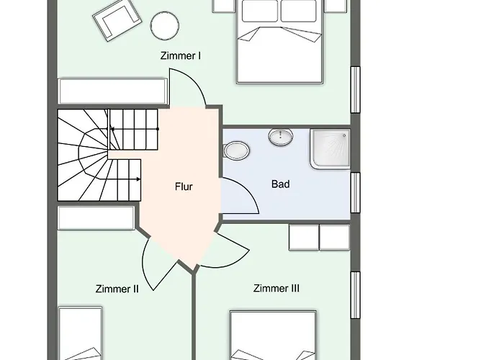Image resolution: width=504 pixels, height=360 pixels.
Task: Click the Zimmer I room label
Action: [180, 56]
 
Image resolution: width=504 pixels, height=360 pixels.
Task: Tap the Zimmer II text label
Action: [117, 289]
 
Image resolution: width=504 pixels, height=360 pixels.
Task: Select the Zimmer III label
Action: [276, 289]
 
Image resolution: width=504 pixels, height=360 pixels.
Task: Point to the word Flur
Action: [184, 186]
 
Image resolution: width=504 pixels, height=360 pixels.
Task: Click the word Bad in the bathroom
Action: [280, 184]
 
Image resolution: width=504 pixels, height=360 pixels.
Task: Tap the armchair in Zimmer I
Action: [114, 22]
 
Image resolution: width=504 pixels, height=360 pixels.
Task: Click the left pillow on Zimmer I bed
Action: [259, 10]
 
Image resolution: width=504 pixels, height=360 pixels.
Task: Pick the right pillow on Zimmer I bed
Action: [300, 10]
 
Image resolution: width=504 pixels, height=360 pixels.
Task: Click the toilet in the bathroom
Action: [235, 151]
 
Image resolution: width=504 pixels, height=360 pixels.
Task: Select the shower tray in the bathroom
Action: [330, 150]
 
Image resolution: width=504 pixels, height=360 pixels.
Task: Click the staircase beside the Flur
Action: [101, 155]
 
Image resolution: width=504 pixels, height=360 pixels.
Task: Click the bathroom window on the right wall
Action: [354, 193]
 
